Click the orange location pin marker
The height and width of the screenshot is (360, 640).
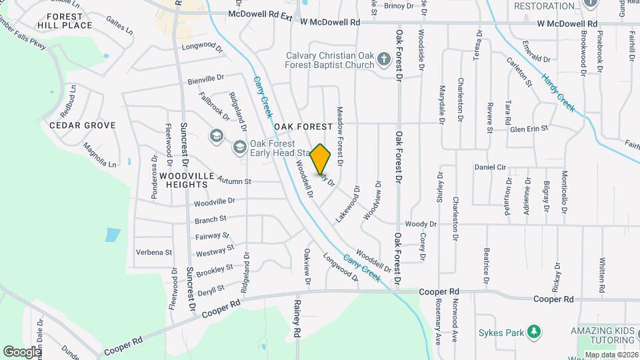pos(321,159)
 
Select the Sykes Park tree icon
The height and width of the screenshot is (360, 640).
pos(533,332)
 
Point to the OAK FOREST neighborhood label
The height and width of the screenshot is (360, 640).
pos(303,127)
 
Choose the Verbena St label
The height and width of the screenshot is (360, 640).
pos(154,253)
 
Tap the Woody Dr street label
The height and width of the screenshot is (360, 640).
pos(420,225)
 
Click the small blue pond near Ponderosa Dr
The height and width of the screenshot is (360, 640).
pos(113,235)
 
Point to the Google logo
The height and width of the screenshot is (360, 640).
pos(22,351)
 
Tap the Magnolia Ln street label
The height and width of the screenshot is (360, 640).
pos(99,155)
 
